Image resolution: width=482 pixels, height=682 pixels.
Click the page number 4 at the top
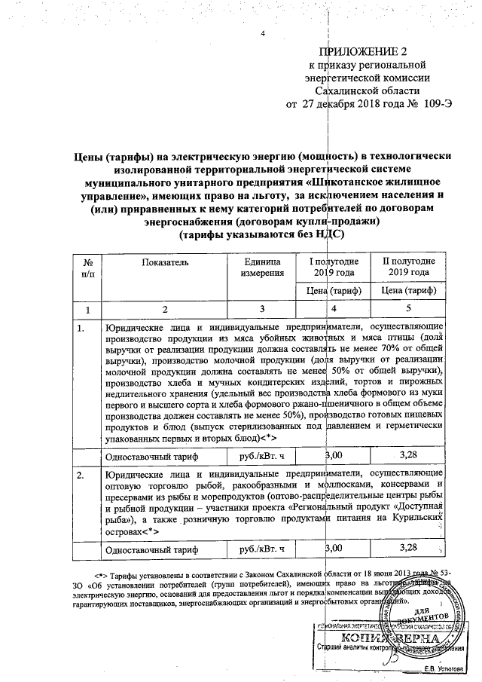[263, 34]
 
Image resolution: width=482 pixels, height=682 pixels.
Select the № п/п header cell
[87, 267]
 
